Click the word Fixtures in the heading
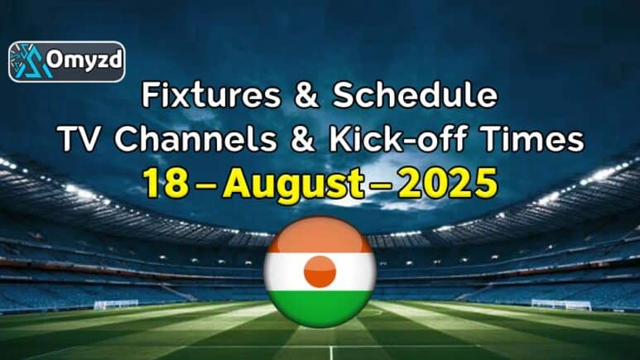211,95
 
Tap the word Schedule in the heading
415,95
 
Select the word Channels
195,139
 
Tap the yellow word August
293,185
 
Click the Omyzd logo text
84,60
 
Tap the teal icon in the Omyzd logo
29,61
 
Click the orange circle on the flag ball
320,271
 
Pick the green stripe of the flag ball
320,308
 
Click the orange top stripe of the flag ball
320,235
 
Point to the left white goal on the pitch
117,305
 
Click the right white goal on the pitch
561,305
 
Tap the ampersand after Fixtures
306,95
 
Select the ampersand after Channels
303,139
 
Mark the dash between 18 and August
206,185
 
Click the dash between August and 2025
381,185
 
